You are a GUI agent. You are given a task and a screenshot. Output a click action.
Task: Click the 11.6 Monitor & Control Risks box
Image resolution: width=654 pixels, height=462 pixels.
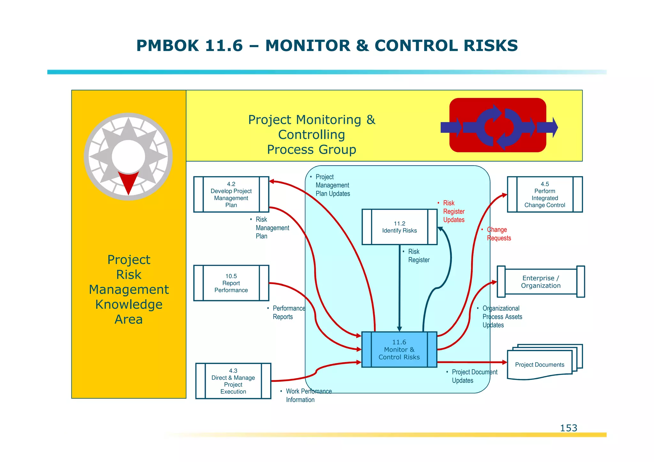point(399,350)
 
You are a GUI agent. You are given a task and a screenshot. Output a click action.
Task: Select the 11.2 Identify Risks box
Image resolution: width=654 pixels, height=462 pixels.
point(399,227)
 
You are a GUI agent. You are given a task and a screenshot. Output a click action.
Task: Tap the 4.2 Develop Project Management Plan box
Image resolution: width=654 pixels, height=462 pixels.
point(231,194)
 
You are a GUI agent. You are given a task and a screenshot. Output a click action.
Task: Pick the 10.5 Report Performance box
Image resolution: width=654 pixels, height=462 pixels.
point(231,283)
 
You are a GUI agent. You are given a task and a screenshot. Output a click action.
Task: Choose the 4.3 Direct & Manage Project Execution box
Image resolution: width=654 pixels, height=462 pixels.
point(233,381)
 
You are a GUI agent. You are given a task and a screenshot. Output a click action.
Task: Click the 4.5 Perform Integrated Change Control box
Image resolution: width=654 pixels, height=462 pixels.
point(545,194)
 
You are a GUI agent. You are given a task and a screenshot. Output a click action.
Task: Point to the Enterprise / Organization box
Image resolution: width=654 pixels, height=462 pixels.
point(541,282)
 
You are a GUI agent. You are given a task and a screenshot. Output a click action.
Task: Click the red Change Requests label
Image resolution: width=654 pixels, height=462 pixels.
point(498,234)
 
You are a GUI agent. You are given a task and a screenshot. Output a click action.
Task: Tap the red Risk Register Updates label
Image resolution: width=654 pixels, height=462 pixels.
point(453,211)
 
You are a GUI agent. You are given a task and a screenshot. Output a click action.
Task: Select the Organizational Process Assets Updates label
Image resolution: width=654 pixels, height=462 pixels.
point(502,317)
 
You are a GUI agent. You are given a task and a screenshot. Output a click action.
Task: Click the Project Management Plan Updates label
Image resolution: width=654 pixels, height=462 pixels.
point(332,185)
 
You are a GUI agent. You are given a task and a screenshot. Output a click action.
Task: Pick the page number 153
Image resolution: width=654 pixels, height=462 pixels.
point(568,428)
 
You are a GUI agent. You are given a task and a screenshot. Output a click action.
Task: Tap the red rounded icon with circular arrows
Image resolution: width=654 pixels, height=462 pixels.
point(498,125)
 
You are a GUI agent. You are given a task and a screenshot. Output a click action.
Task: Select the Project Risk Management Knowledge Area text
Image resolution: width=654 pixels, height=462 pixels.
point(129,289)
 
